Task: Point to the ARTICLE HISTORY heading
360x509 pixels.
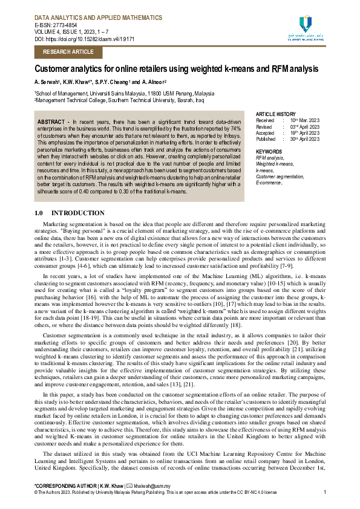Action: click(x=276, y=114)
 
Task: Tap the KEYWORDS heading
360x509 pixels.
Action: click(x=269, y=151)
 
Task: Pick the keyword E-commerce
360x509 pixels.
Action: click(x=270, y=182)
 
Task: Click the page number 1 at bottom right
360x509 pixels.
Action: click(x=325, y=493)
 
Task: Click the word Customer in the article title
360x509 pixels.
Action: click(x=58, y=70)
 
